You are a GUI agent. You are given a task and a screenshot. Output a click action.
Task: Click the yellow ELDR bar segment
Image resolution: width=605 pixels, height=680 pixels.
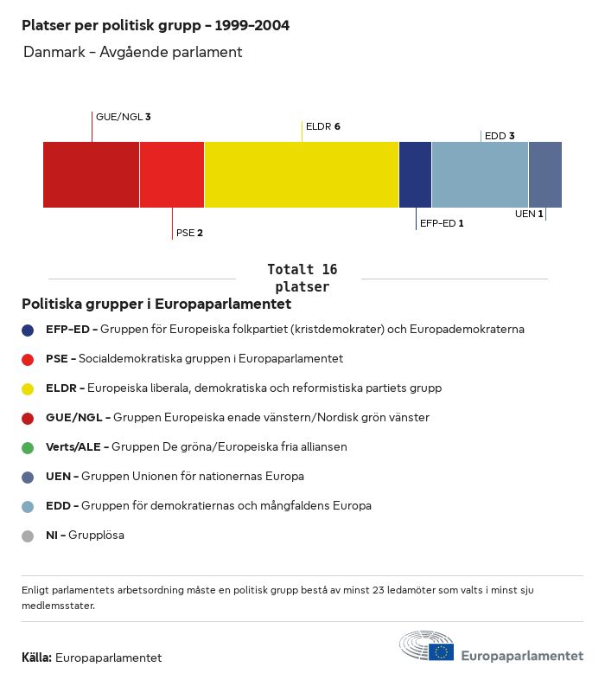[302, 175]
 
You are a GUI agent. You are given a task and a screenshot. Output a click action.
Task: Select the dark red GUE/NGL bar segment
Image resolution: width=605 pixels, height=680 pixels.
[91, 175]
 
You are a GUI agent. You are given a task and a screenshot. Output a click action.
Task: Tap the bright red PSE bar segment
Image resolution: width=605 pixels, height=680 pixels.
[172, 175]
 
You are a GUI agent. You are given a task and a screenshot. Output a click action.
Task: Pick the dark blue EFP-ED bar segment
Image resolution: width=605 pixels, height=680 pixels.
[415, 175]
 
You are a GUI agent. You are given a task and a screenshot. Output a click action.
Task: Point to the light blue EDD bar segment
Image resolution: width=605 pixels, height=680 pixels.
[480, 175]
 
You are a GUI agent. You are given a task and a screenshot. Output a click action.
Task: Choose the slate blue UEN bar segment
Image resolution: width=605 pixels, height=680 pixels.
[545, 175]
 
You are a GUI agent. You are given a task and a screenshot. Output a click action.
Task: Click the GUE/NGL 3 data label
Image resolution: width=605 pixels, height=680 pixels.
[124, 117]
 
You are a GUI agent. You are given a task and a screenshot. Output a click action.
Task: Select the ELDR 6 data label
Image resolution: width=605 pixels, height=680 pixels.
[323, 126]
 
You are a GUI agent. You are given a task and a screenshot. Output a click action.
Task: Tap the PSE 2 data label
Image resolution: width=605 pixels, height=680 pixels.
[189, 233]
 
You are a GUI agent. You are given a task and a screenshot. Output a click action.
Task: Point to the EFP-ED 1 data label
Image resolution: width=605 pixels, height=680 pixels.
[442, 223]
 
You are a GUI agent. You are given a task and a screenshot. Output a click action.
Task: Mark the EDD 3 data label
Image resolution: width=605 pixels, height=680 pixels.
[500, 136]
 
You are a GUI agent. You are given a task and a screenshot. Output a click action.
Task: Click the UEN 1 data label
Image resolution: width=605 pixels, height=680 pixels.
[528, 214]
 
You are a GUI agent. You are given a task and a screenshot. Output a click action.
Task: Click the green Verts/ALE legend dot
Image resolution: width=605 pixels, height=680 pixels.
[28, 448]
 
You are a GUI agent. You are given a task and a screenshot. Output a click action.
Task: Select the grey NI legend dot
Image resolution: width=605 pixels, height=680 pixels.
[28, 536]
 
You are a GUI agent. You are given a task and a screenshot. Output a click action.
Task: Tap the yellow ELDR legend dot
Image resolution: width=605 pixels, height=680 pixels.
[28, 388]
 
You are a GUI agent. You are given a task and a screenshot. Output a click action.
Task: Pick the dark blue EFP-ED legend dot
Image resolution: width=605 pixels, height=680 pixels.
[28, 330]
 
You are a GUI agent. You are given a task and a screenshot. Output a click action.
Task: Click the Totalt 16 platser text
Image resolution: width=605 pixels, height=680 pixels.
[302, 278]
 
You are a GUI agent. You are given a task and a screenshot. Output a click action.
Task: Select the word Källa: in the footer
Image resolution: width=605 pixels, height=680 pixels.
[36, 658]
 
